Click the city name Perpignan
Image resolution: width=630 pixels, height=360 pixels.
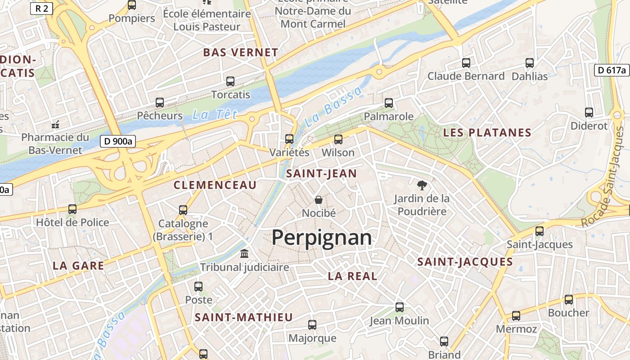coord(322,238)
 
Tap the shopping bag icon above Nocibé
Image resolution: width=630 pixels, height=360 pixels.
coord(319,199)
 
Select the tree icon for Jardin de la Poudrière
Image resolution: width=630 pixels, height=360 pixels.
coord(422,184)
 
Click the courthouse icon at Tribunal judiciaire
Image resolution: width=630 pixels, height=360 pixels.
coord(244,254)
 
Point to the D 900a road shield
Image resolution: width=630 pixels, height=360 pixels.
coord(117,141)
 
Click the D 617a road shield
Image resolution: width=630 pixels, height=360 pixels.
coord(612,70)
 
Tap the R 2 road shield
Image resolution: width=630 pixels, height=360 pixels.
coord(42,8)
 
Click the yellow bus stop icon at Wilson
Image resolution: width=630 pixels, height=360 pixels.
coord(338,139)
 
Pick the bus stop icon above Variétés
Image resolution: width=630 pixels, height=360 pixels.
coord(289,139)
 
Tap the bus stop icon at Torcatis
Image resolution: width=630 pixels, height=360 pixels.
coord(230,81)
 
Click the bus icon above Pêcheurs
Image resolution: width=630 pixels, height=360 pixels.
coord(160,102)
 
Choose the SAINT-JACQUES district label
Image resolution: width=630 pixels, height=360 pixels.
coord(465,262)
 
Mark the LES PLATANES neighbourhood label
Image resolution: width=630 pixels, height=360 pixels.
coord(487,133)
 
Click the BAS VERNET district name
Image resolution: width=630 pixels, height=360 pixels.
coord(240,53)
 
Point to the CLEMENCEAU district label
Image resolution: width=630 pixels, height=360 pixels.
coord(215,185)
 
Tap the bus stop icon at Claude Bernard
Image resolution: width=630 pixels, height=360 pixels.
coord(466,63)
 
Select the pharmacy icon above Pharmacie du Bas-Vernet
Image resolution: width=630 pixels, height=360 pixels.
coord(56,124)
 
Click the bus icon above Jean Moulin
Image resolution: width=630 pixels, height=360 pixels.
coord(399,307)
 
